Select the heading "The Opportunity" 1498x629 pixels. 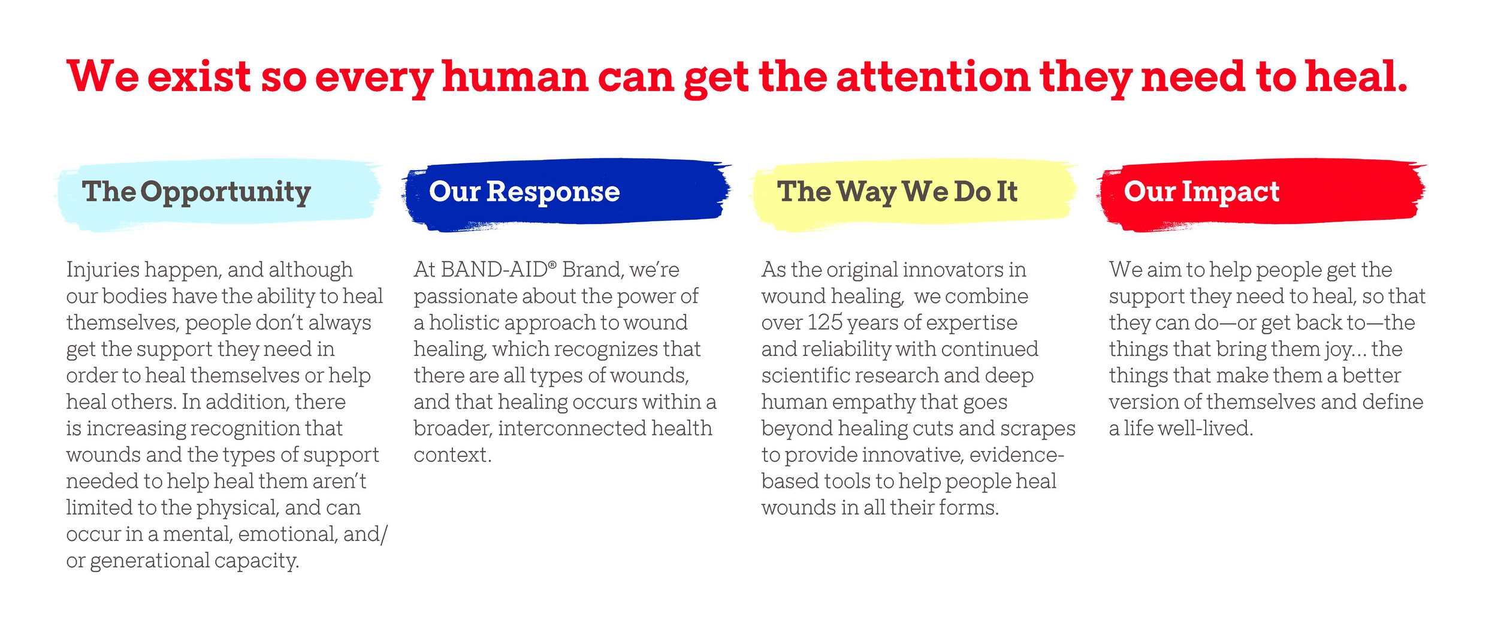point(197,192)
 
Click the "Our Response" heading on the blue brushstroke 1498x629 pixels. point(524,192)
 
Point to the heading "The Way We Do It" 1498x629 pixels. point(897,192)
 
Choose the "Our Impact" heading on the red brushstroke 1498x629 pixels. point(1201,192)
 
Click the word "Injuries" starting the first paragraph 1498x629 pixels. point(102,270)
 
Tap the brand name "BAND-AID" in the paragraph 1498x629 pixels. point(494,270)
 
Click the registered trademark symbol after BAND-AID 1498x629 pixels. point(552,264)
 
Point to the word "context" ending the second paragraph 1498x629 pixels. point(451,455)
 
